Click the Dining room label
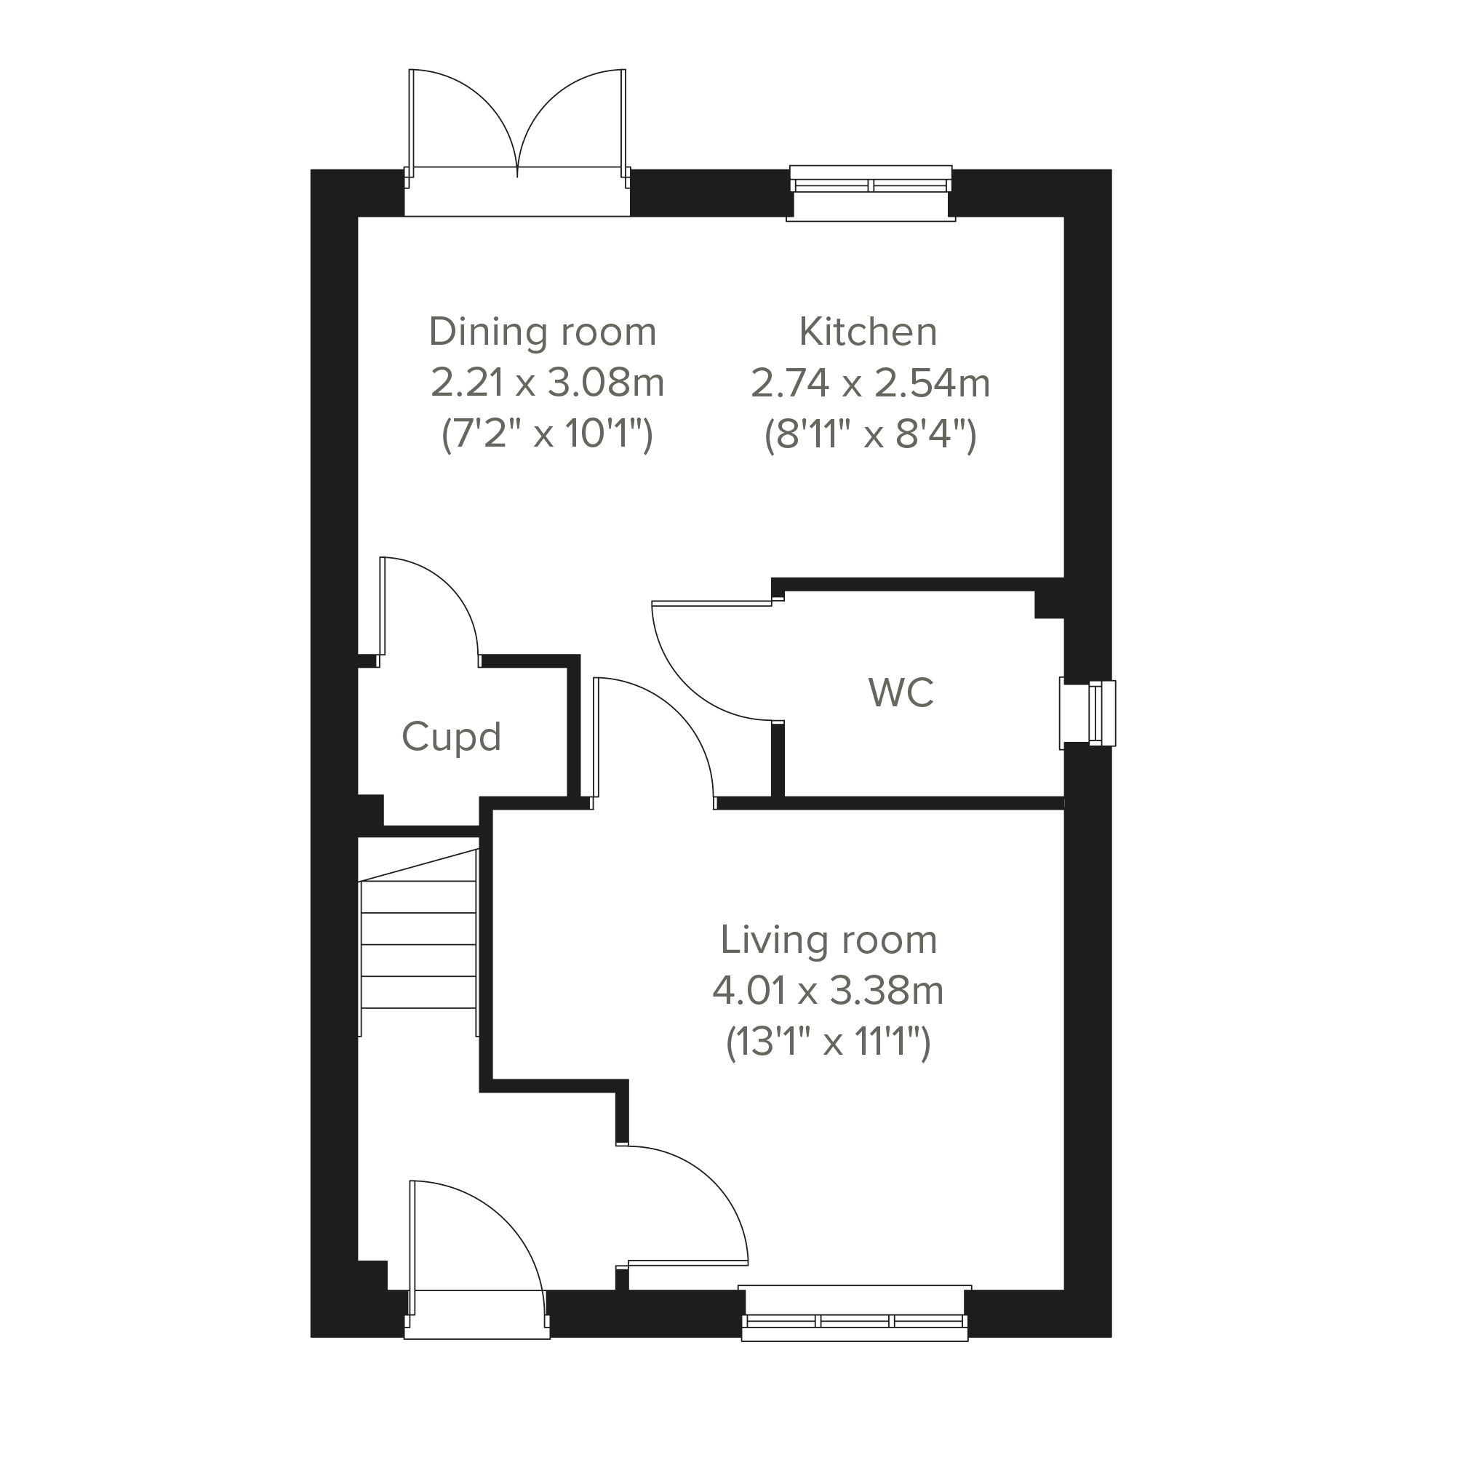[542, 332]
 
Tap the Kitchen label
[868, 332]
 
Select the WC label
[901, 693]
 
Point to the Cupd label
[451, 738]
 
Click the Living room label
[829, 940]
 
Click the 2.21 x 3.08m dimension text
[548, 383]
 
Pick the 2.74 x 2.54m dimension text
[870, 383]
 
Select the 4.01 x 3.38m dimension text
[828, 991]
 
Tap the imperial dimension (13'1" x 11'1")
[828, 1042]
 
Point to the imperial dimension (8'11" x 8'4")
[870, 434]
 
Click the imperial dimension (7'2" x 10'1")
[548, 434]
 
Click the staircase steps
[418, 945]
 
